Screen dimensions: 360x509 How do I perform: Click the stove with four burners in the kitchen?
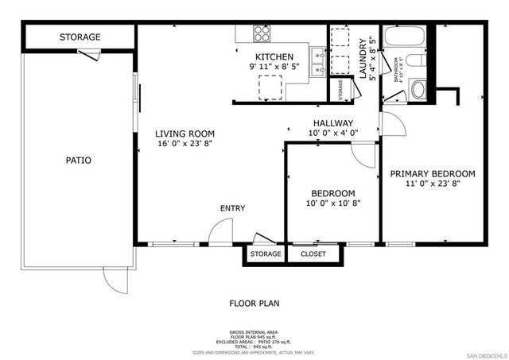coord(262,33)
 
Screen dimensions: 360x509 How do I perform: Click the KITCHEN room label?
coord(274,57)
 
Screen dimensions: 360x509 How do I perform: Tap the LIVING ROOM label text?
coord(185,134)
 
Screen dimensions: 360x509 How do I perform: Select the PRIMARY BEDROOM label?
coord(432,174)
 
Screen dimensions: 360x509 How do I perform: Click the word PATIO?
coord(78,161)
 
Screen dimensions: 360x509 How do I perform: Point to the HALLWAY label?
coord(332,122)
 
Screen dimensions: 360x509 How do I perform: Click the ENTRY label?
coord(232,208)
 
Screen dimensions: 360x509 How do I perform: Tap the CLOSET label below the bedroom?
coord(313,254)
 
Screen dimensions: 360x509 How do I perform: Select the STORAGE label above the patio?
coord(80,37)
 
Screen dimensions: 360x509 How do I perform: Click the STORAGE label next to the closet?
coord(266,254)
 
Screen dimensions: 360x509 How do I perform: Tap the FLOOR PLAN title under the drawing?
coord(254,303)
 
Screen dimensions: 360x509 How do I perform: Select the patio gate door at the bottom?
coord(115,279)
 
